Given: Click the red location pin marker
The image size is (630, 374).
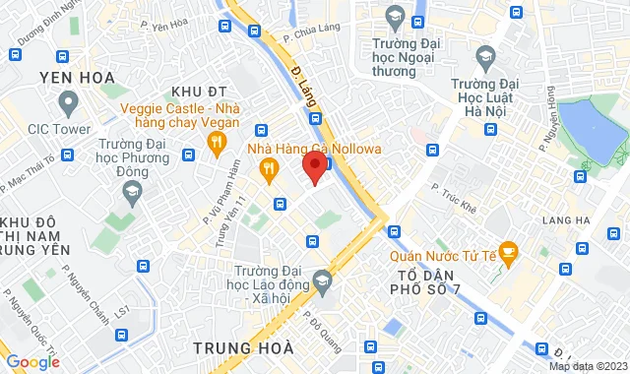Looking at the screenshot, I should tap(314, 165).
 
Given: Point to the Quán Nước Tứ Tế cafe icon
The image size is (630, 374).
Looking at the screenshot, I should tap(508, 253).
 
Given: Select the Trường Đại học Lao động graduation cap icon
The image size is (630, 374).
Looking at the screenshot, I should tap(321, 282).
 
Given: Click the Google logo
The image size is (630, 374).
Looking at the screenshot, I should tap(32, 361).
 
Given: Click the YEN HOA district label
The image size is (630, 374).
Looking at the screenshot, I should tap(77, 76).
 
